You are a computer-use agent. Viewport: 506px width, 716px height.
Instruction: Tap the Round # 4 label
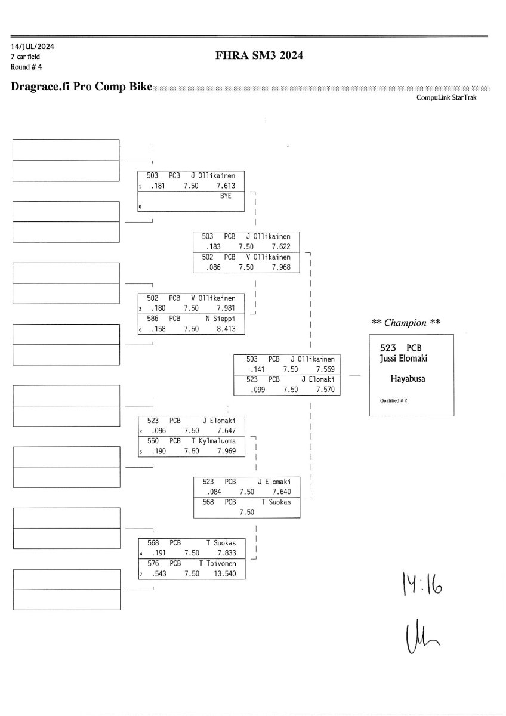tap(26, 66)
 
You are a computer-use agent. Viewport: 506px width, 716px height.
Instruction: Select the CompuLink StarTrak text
tap(446, 97)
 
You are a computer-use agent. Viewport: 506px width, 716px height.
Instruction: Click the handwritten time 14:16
tap(421, 587)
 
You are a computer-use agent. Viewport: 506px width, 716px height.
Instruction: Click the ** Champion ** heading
tap(406, 323)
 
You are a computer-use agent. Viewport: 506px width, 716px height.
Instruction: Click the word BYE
tap(226, 195)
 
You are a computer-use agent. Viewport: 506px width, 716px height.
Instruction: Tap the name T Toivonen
tap(218, 563)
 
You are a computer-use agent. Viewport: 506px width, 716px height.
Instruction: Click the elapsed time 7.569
tap(326, 369)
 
